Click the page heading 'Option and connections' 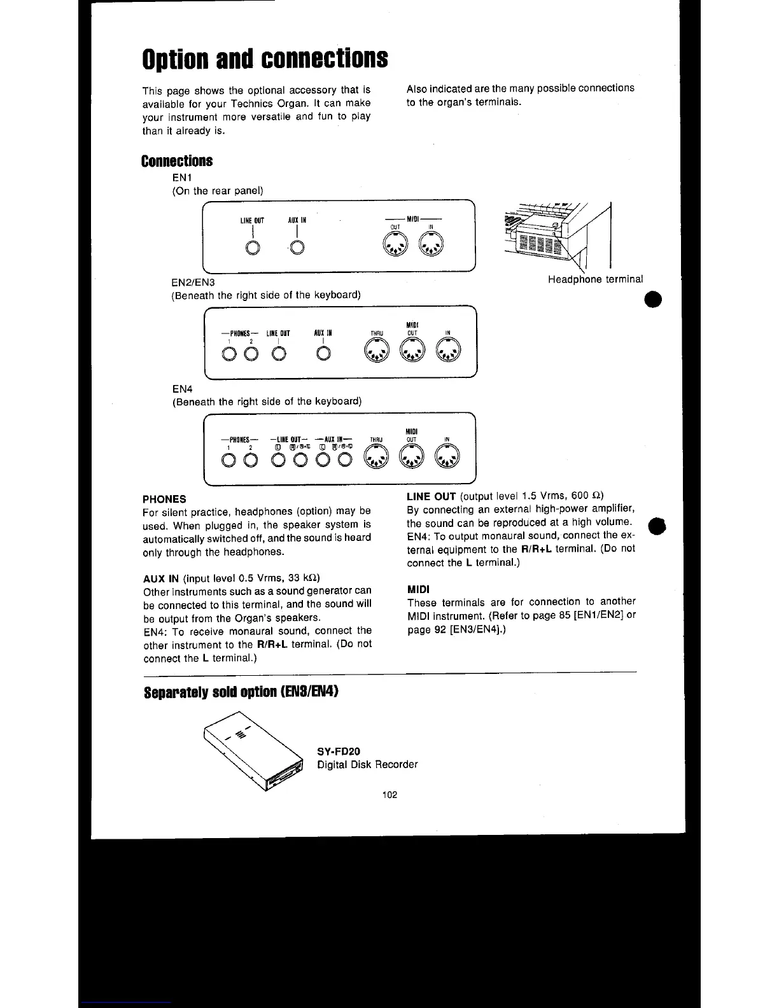coord(265,59)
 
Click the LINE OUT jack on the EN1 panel coord(253,248)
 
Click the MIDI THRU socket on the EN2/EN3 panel coord(376,352)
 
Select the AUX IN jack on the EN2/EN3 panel coord(323,354)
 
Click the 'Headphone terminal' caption coord(595,279)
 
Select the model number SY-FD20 coord(339,751)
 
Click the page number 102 coord(389,794)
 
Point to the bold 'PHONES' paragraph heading coord(164,499)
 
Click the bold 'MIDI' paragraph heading coord(418,589)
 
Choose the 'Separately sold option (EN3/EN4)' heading coord(241,692)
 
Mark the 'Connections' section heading coord(177,160)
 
